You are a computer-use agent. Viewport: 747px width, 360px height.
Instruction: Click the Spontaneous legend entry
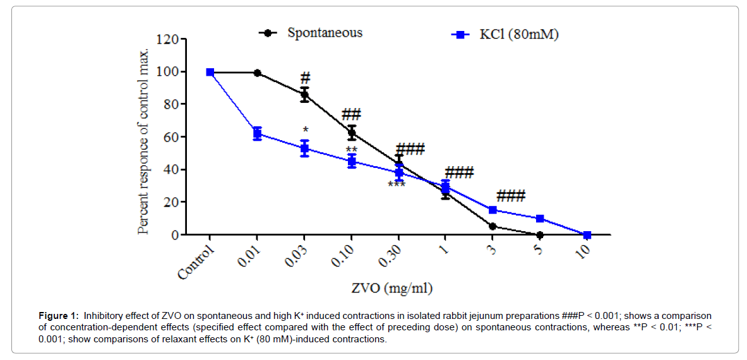click(325, 33)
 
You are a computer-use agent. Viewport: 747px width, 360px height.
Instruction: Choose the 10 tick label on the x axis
click(582, 253)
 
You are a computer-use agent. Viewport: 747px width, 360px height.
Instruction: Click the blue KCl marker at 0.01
click(257, 133)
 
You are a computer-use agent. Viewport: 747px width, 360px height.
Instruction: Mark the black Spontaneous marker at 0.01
click(257, 73)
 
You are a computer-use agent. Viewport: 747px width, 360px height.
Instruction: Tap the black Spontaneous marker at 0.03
click(304, 95)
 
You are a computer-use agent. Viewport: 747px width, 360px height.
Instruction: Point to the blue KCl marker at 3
click(493, 210)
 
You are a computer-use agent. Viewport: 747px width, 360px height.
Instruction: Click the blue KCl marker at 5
click(540, 219)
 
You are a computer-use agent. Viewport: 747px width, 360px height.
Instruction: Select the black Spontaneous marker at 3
click(493, 226)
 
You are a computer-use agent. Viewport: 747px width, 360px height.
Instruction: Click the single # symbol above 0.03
click(305, 78)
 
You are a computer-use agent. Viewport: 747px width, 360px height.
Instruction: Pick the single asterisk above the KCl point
click(304, 129)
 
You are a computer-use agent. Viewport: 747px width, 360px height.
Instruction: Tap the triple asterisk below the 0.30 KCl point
click(397, 184)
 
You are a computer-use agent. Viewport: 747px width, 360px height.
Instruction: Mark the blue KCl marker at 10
click(587, 235)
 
